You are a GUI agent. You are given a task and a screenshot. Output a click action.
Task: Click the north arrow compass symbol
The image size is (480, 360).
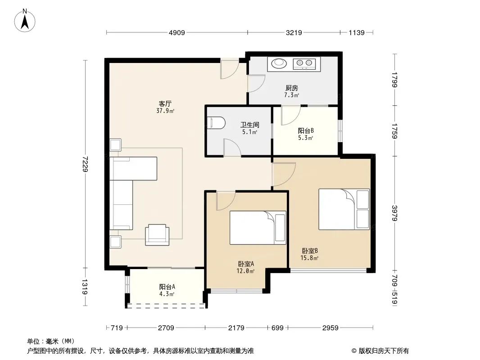point(25,21)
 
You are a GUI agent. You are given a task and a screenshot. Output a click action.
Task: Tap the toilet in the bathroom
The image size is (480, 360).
point(216,123)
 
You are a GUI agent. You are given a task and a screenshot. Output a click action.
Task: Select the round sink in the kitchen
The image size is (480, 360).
point(279,63)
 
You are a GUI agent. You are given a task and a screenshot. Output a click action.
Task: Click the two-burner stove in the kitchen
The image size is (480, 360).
point(304,63)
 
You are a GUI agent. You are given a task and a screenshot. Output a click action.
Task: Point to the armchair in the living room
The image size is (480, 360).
point(157,234)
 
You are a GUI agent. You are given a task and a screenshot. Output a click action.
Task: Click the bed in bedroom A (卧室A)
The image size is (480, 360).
point(258,228)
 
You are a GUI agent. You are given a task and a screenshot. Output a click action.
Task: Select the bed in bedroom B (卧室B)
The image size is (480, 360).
point(344,209)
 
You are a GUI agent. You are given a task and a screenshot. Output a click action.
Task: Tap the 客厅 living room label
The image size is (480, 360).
point(165,103)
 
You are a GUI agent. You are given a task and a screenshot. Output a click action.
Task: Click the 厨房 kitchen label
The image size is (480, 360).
point(291,88)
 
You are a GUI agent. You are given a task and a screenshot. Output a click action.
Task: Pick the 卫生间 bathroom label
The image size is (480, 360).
point(249,125)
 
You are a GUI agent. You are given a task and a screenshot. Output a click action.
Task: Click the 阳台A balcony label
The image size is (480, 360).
point(167,287)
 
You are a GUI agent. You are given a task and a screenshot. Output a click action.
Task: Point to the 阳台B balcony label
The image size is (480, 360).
point(306,130)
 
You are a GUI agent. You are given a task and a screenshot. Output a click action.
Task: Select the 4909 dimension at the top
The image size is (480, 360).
point(177,32)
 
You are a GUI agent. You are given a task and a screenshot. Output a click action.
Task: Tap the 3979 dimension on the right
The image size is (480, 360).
point(395,213)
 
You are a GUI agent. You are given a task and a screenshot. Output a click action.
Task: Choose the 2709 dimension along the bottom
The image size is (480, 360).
point(166,328)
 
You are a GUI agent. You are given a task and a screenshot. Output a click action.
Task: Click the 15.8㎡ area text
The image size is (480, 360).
point(309,258)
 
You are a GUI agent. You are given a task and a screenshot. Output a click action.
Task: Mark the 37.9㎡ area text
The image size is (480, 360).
point(165,111)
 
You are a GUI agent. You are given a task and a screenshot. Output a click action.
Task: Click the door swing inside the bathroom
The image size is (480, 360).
point(232,147)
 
